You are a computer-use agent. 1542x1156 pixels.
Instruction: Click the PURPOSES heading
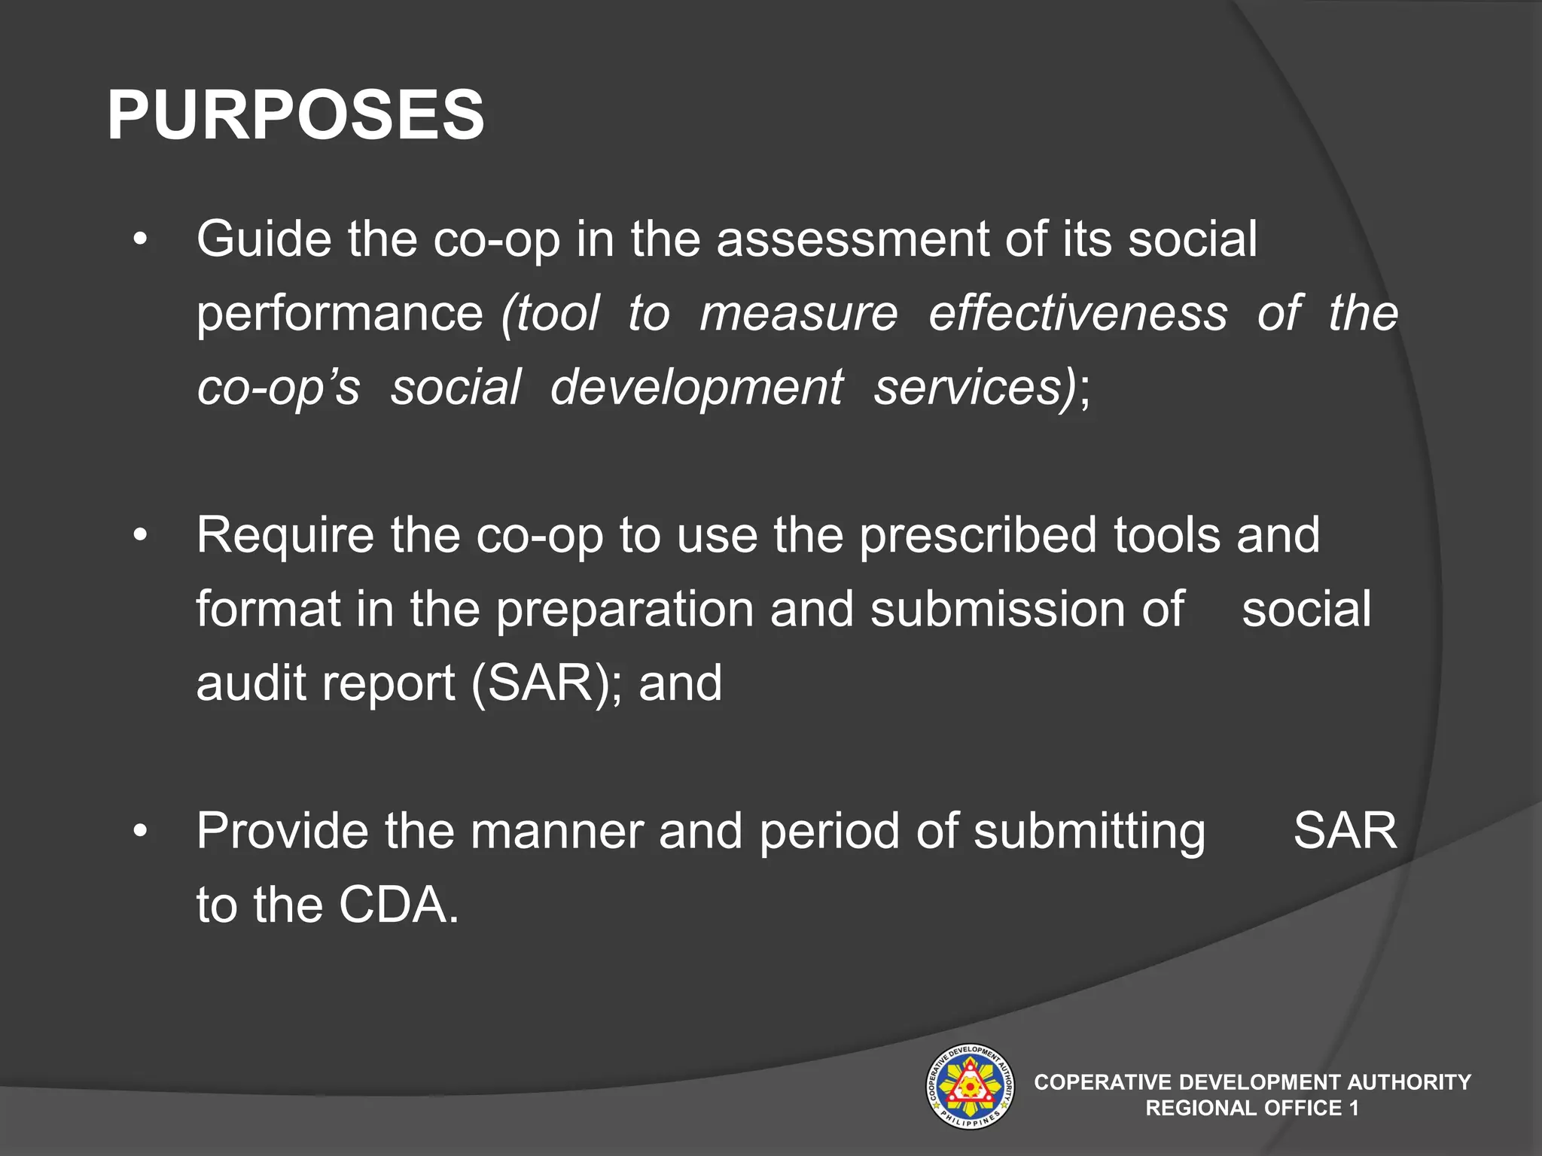pos(295,115)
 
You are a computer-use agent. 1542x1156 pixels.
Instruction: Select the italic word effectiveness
pos(1077,313)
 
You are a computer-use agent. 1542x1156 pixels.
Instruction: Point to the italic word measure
pos(798,313)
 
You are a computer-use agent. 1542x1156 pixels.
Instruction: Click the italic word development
pos(696,387)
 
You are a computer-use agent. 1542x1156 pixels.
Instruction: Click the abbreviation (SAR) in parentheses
pos(541,683)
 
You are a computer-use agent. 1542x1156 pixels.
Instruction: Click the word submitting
pos(1089,831)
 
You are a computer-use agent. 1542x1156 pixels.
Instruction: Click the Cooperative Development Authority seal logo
pos(969,1087)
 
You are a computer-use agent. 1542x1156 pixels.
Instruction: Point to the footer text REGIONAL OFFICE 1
pos(1251,1108)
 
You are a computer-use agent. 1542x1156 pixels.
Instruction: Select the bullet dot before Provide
pos(140,832)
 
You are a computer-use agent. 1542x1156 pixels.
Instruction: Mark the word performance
pos(340,313)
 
